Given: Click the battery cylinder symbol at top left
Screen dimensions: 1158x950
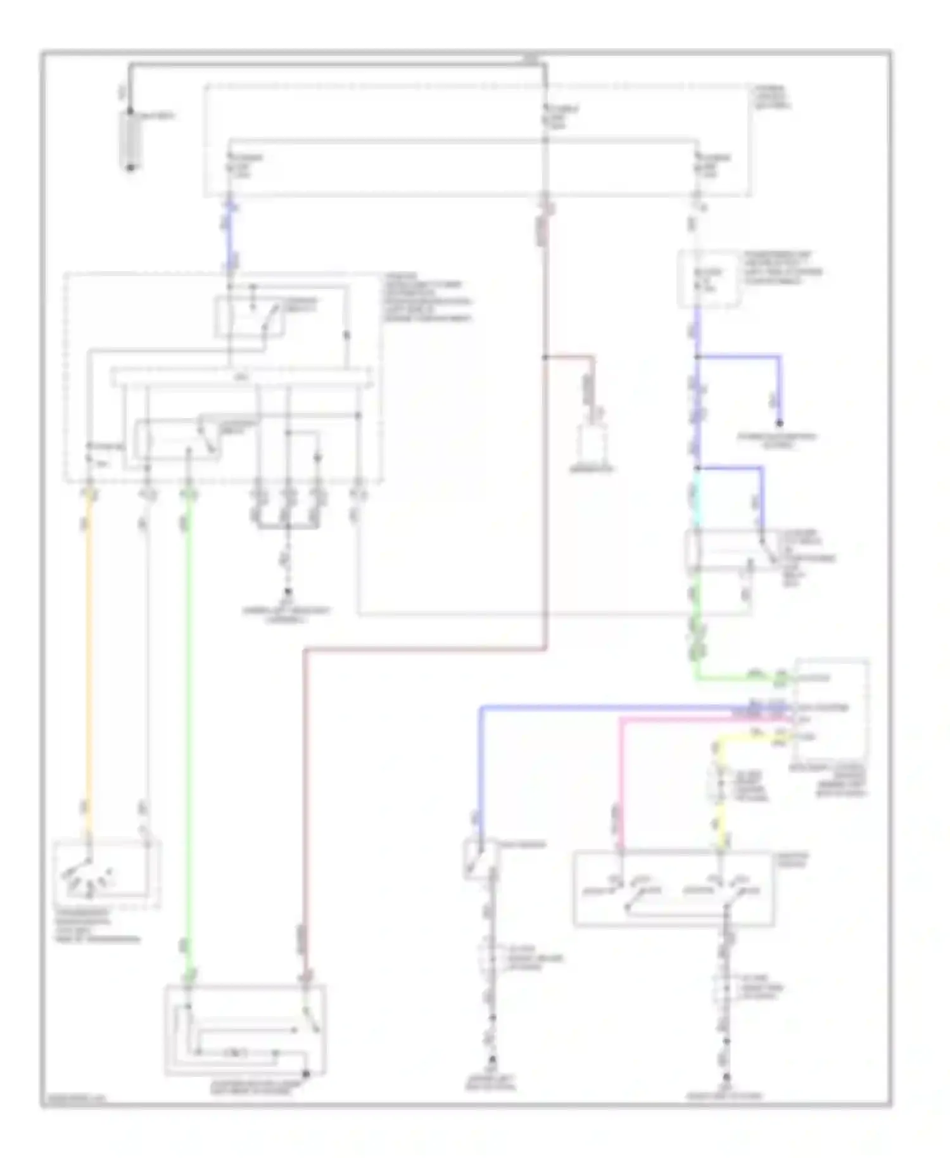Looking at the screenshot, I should [130, 139].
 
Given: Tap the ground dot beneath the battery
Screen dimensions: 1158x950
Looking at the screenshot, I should [130, 168].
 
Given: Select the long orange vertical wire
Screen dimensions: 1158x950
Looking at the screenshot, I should [89, 665].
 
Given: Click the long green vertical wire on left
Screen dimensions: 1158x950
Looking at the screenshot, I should [187, 729].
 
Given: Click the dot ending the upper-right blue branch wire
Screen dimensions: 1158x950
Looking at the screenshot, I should [780, 423].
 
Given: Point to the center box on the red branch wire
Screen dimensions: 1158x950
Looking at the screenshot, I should [592, 447].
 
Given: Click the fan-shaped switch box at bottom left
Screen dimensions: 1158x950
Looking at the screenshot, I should [106, 875].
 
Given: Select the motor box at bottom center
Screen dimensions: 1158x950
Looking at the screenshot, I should [245, 1030].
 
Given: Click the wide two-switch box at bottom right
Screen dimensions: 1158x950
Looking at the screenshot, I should [673, 888].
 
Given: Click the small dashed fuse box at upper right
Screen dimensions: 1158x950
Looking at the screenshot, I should [709, 278].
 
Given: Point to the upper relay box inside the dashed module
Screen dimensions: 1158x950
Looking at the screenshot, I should [250, 317].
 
